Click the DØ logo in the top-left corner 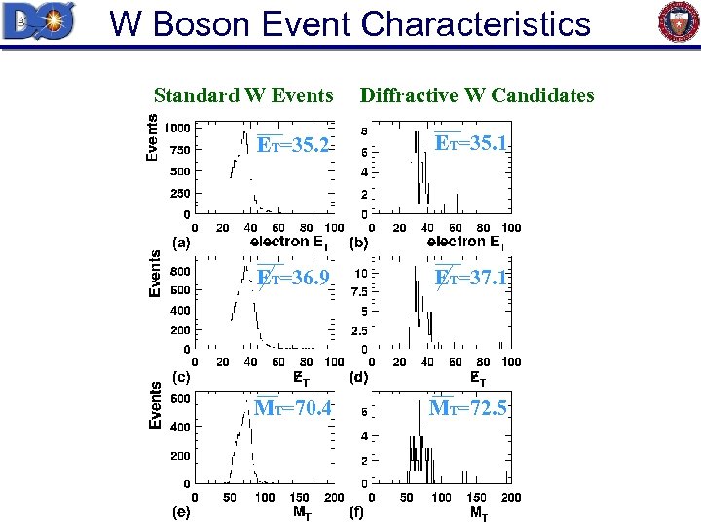[x=38, y=21]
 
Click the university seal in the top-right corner [x=679, y=22]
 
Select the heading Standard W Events [x=243, y=95]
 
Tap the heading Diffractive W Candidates [x=476, y=95]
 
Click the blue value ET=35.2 [x=293, y=145]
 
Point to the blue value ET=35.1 [x=471, y=144]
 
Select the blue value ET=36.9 [x=293, y=279]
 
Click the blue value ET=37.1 [x=471, y=279]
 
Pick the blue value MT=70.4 [x=292, y=408]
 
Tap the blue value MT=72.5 [x=468, y=408]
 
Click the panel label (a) [x=181, y=242]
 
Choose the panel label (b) [x=357, y=242]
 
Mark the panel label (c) [x=181, y=376]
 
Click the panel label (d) [x=357, y=376]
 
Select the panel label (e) [x=181, y=509]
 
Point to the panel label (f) [x=357, y=509]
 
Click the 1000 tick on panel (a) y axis [x=176, y=128]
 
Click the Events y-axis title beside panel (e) [x=153, y=404]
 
